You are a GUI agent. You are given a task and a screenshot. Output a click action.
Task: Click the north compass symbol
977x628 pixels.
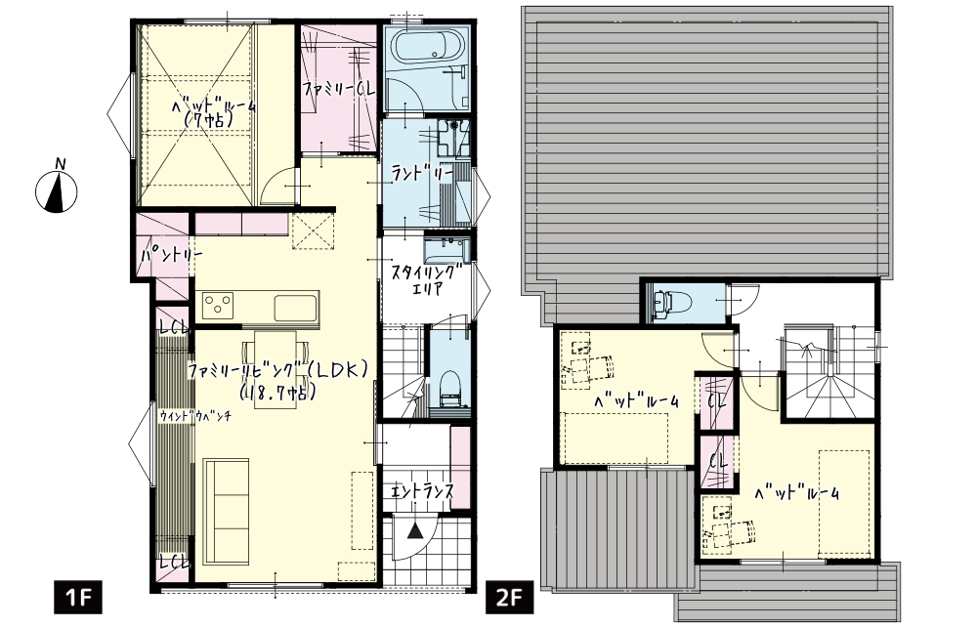pyautogui.click(x=56, y=191)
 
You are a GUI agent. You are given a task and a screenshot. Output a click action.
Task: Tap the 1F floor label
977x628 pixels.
pyautogui.click(x=77, y=598)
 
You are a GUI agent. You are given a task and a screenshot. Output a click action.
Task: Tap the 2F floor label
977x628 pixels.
pyautogui.click(x=509, y=598)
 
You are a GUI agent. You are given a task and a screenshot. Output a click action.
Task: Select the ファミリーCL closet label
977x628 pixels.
pyautogui.click(x=340, y=90)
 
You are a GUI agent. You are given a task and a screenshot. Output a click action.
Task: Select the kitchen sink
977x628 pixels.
pyautogui.click(x=296, y=307)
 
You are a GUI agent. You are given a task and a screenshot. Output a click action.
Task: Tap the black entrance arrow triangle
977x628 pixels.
pyautogui.click(x=414, y=532)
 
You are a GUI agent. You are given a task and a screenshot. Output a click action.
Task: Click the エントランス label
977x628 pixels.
pyautogui.click(x=422, y=490)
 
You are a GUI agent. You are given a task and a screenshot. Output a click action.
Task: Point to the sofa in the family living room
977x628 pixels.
pyautogui.click(x=227, y=510)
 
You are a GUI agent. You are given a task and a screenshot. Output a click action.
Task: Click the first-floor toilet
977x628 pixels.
pyautogui.click(x=449, y=391)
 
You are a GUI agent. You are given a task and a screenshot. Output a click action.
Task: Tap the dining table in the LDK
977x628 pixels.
pyautogui.click(x=275, y=369)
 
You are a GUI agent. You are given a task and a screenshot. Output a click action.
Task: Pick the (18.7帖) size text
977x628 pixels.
pyautogui.click(x=276, y=393)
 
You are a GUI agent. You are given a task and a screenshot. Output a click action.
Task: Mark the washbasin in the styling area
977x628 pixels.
pyautogui.click(x=446, y=248)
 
